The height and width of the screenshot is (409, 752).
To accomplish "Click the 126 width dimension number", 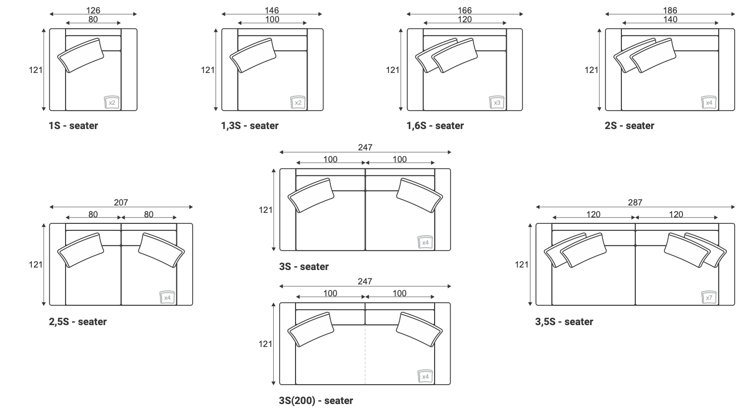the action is pyautogui.click(x=93, y=10).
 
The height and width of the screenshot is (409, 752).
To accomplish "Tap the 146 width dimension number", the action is pyautogui.click(x=272, y=10).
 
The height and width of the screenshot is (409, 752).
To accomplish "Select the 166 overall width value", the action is pyautogui.click(x=464, y=10).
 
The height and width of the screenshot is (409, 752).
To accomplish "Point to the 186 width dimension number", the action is pyautogui.click(x=670, y=10).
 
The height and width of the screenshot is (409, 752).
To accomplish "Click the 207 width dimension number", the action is pyautogui.click(x=121, y=203).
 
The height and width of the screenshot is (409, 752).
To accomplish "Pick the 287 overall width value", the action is pyautogui.click(x=635, y=203).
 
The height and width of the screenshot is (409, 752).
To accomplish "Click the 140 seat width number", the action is pyautogui.click(x=670, y=19).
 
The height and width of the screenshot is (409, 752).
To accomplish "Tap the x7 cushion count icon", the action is pyautogui.click(x=709, y=297).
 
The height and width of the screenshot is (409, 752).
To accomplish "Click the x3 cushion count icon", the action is pyautogui.click(x=497, y=102).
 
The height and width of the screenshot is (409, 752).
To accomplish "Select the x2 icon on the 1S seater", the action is pyautogui.click(x=111, y=102).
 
